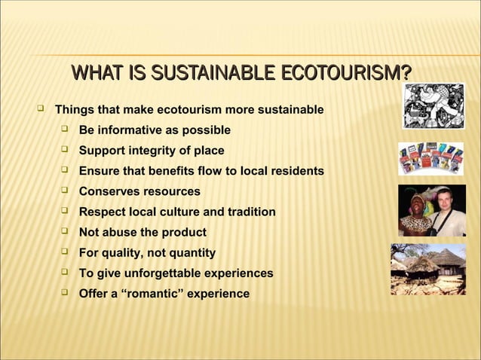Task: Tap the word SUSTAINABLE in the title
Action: coord(213,73)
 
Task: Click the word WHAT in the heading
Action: coord(97,73)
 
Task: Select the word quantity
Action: coord(191,252)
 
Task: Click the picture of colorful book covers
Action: coord(432,158)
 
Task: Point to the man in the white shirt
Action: coord(448,212)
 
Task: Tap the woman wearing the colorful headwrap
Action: coord(416,212)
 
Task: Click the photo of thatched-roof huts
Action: coord(427,269)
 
